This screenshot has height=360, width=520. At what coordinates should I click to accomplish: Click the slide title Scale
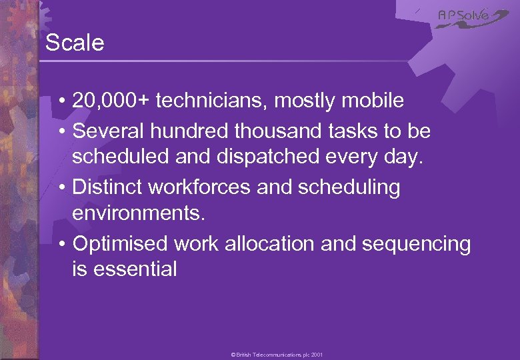point(75,43)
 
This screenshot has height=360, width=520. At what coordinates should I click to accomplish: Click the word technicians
point(216,101)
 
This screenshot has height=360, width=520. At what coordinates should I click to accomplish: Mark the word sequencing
point(416,245)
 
